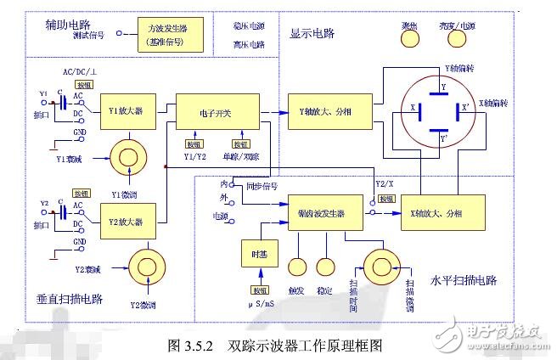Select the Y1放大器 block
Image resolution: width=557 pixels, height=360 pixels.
pyautogui.click(x=127, y=111)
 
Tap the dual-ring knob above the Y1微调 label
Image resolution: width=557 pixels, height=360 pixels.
pyautogui.click(x=128, y=159)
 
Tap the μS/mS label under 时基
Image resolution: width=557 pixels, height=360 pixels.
pyautogui.click(x=261, y=302)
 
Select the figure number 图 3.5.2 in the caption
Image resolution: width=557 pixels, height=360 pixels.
pyautogui.click(x=194, y=346)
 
